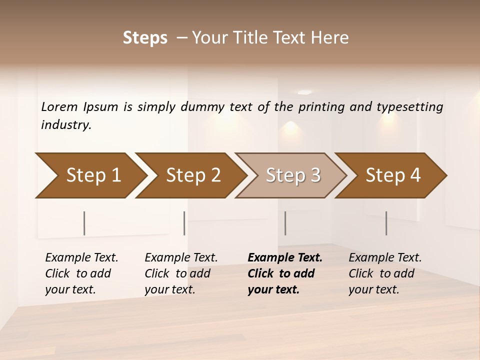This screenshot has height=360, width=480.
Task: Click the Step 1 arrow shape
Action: [90, 175]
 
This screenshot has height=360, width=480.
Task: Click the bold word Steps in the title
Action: [145, 38]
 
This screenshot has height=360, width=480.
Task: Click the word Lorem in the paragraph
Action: [59, 106]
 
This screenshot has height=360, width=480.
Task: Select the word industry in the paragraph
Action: [66, 124]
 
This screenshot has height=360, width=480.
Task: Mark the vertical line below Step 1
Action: [84, 223]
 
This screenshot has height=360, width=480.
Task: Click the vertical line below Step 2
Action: [184, 223]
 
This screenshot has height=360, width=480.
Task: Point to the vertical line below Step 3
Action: [285, 223]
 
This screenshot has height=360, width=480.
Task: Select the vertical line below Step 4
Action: [386, 223]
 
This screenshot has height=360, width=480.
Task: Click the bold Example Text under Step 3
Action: [285, 258]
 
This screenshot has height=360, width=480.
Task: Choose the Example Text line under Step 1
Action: [81, 258]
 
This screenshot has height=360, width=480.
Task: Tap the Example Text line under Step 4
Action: [385, 258]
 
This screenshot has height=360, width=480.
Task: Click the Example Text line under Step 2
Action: [181, 258]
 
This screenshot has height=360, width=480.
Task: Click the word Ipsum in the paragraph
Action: [101, 106]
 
